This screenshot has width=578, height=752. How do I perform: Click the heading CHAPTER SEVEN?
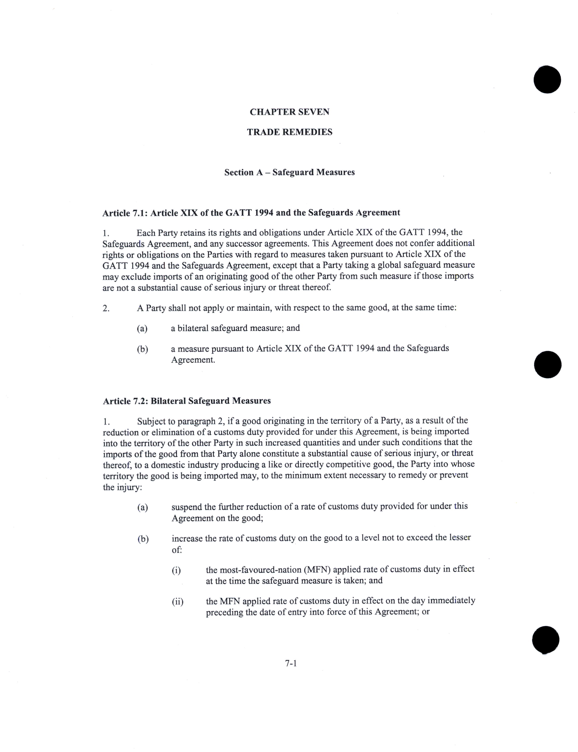[289, 112]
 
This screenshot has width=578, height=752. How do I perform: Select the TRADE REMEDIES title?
[289, 132]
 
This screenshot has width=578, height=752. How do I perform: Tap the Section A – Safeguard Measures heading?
[289, 172]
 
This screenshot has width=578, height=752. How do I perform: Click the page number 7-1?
[291, 664]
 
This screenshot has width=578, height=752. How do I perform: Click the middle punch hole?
[547, 364]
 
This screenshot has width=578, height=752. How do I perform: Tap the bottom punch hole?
[546, 639]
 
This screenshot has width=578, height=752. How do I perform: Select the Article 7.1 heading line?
[251, 213]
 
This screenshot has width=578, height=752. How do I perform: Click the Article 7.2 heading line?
[187, 401]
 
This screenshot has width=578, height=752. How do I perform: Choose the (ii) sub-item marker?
[177, 602]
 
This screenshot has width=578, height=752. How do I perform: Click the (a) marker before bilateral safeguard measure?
[142, 328]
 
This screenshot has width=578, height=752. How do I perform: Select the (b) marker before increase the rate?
[143, 539]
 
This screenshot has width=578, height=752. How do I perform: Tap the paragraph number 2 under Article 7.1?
[106, 308]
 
